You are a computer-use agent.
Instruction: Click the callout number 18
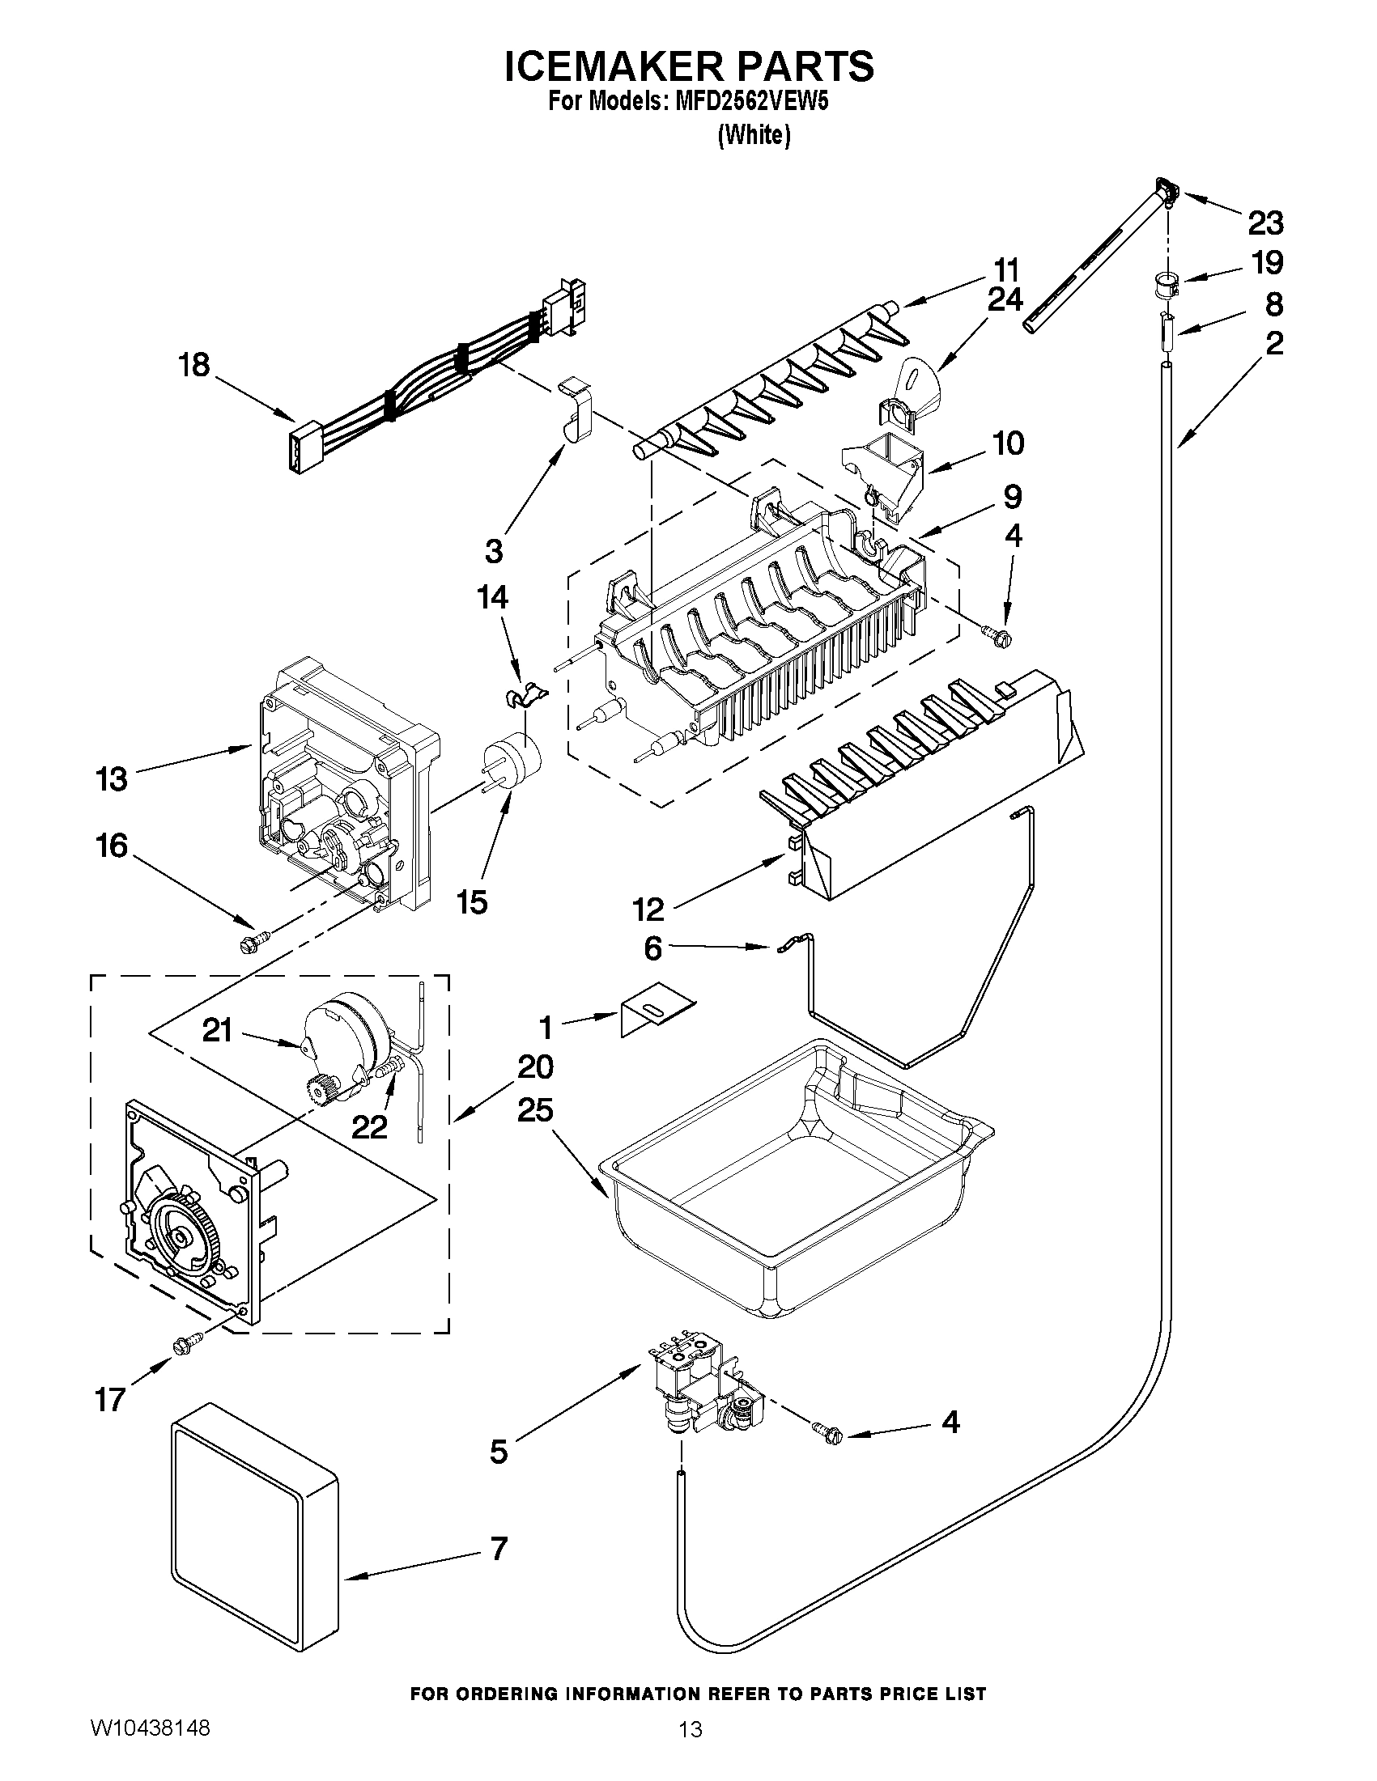[194, 365]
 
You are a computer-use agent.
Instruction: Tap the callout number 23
[1265, 223]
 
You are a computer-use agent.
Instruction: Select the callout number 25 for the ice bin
[535, 1110]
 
